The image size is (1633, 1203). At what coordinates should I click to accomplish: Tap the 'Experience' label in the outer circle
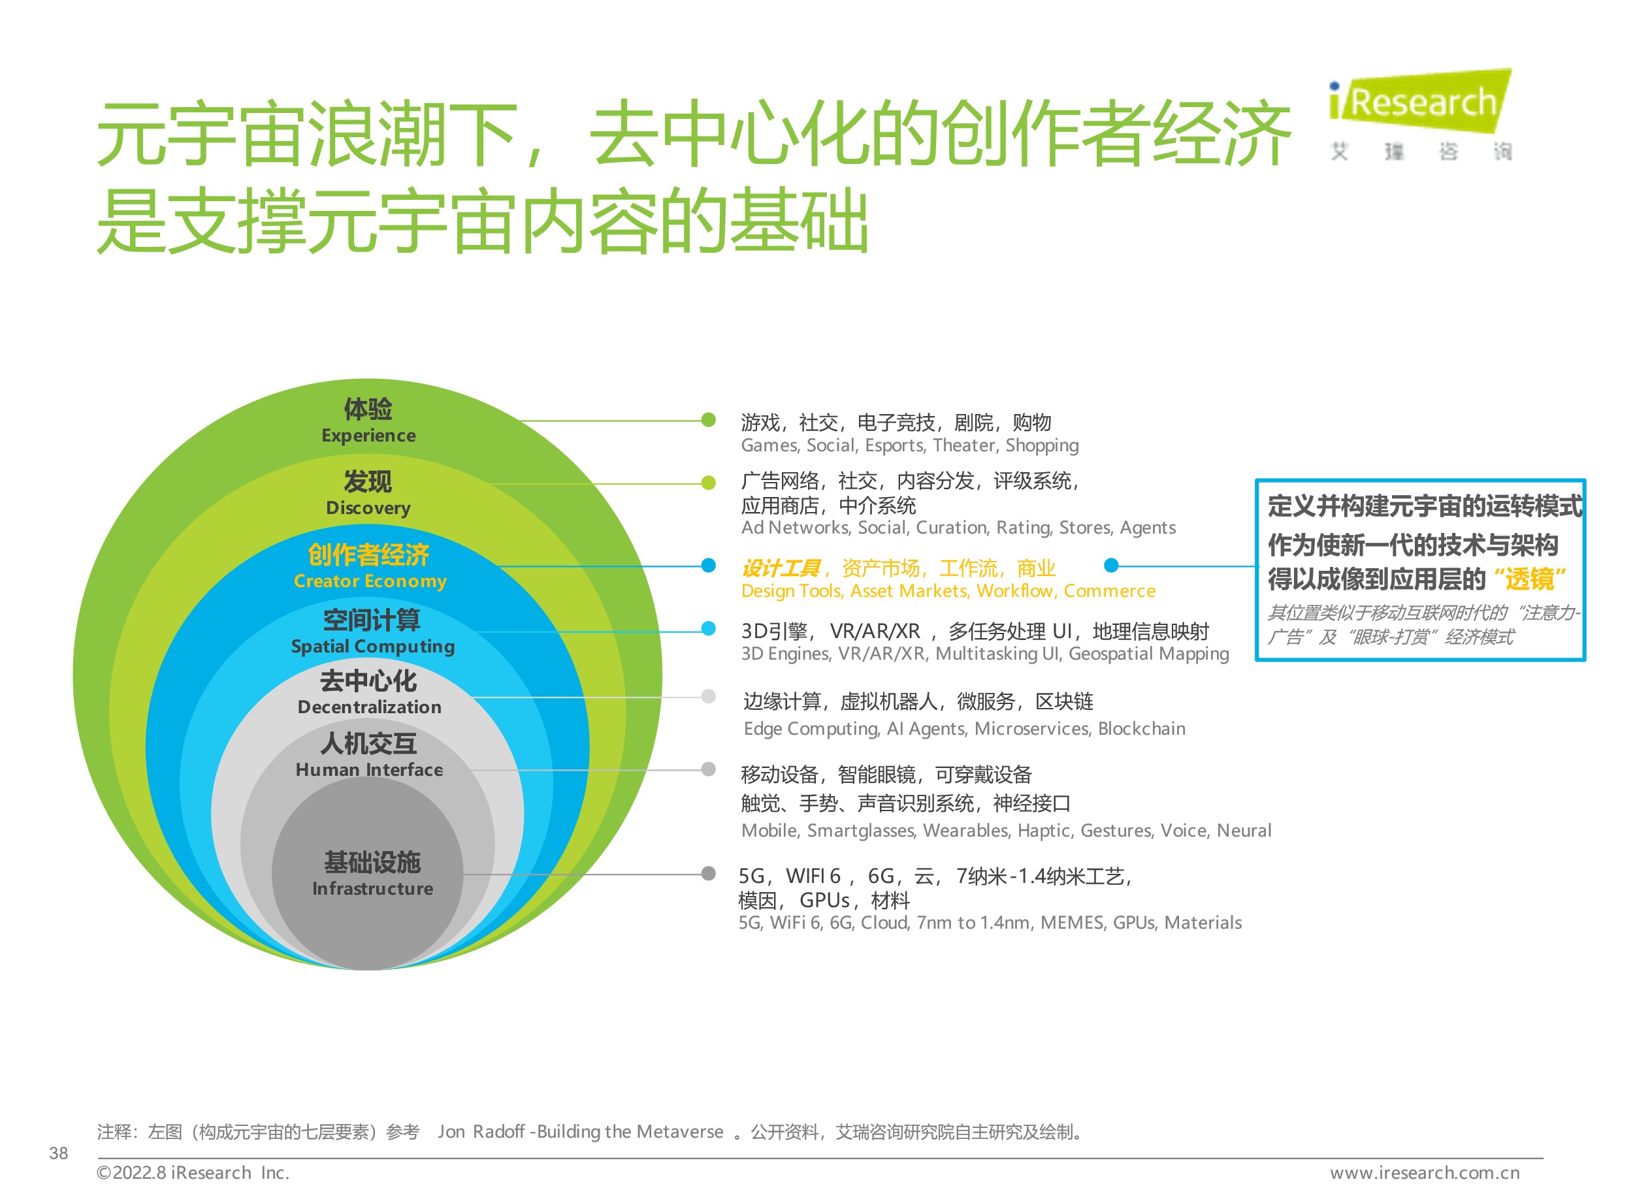click(368, 436)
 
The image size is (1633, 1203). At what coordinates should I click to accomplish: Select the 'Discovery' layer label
click(368, 507)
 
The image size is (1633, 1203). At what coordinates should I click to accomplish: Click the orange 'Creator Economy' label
click(370, 581)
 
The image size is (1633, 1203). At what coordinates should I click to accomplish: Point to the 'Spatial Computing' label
click(372, 647)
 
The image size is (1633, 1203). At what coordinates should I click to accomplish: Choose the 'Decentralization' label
click(369, 707)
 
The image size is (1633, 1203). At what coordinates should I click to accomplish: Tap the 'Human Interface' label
click(369, 770)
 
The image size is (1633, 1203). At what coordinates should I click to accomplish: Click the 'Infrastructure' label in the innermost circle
click(372, 888)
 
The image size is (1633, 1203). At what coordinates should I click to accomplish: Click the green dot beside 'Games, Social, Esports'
click(708, 420)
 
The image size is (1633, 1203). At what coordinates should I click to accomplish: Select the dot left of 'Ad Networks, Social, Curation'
click(708, 483)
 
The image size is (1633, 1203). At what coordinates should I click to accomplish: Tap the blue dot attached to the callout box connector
click(1110, 565)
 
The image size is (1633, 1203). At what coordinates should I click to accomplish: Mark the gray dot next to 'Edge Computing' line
click(708, 697)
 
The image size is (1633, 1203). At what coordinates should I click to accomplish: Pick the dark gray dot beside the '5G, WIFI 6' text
click(708, 874)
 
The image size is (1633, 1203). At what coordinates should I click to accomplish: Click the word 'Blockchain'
click(1141, 729)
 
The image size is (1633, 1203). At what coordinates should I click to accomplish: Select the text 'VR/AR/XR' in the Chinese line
click(875, 632)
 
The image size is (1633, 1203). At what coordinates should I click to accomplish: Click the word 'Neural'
click(1244, 831)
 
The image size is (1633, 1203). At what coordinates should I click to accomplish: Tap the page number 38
click(58, 1153)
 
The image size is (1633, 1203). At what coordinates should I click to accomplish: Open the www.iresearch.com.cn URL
click(1425, 1173)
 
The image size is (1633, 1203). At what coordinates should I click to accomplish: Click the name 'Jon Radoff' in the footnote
click(481, 1132)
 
